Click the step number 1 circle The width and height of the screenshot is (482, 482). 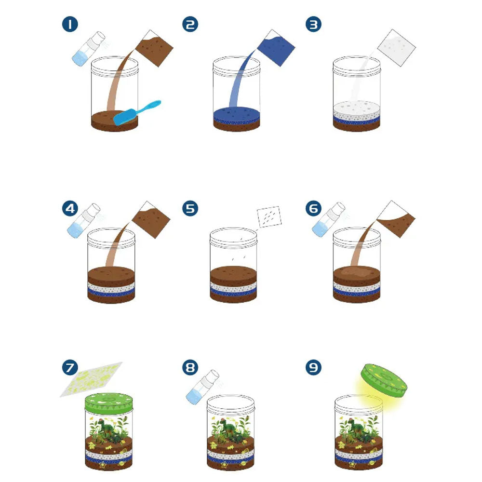[x=70, y=24]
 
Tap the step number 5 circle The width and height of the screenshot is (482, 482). [x=190, y=208]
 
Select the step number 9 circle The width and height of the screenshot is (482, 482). [x=313, y=367]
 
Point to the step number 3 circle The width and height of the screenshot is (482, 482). [x=313, y=24]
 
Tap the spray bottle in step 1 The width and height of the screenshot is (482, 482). [x=89, y=49]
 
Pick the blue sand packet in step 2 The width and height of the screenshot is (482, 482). [x=276, y=48]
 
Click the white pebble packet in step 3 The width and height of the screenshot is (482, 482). [x=396, y=48]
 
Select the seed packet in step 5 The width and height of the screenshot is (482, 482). [x=269, y=217]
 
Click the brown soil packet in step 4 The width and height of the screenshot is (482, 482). [x=151, y=220]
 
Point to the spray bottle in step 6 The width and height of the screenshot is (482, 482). [x=328, y=219]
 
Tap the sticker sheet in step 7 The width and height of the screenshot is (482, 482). [x=91, y=379]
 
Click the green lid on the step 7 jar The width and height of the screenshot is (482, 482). [x=109, y=403]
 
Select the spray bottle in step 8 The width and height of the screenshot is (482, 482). [x=202, y=387]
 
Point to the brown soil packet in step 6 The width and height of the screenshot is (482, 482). [x=396, y=219]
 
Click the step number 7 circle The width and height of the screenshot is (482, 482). [x=70, y=367]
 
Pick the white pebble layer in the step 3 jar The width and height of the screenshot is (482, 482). [x=357, y=111]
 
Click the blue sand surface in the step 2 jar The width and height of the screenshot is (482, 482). [x=237, y=112]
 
